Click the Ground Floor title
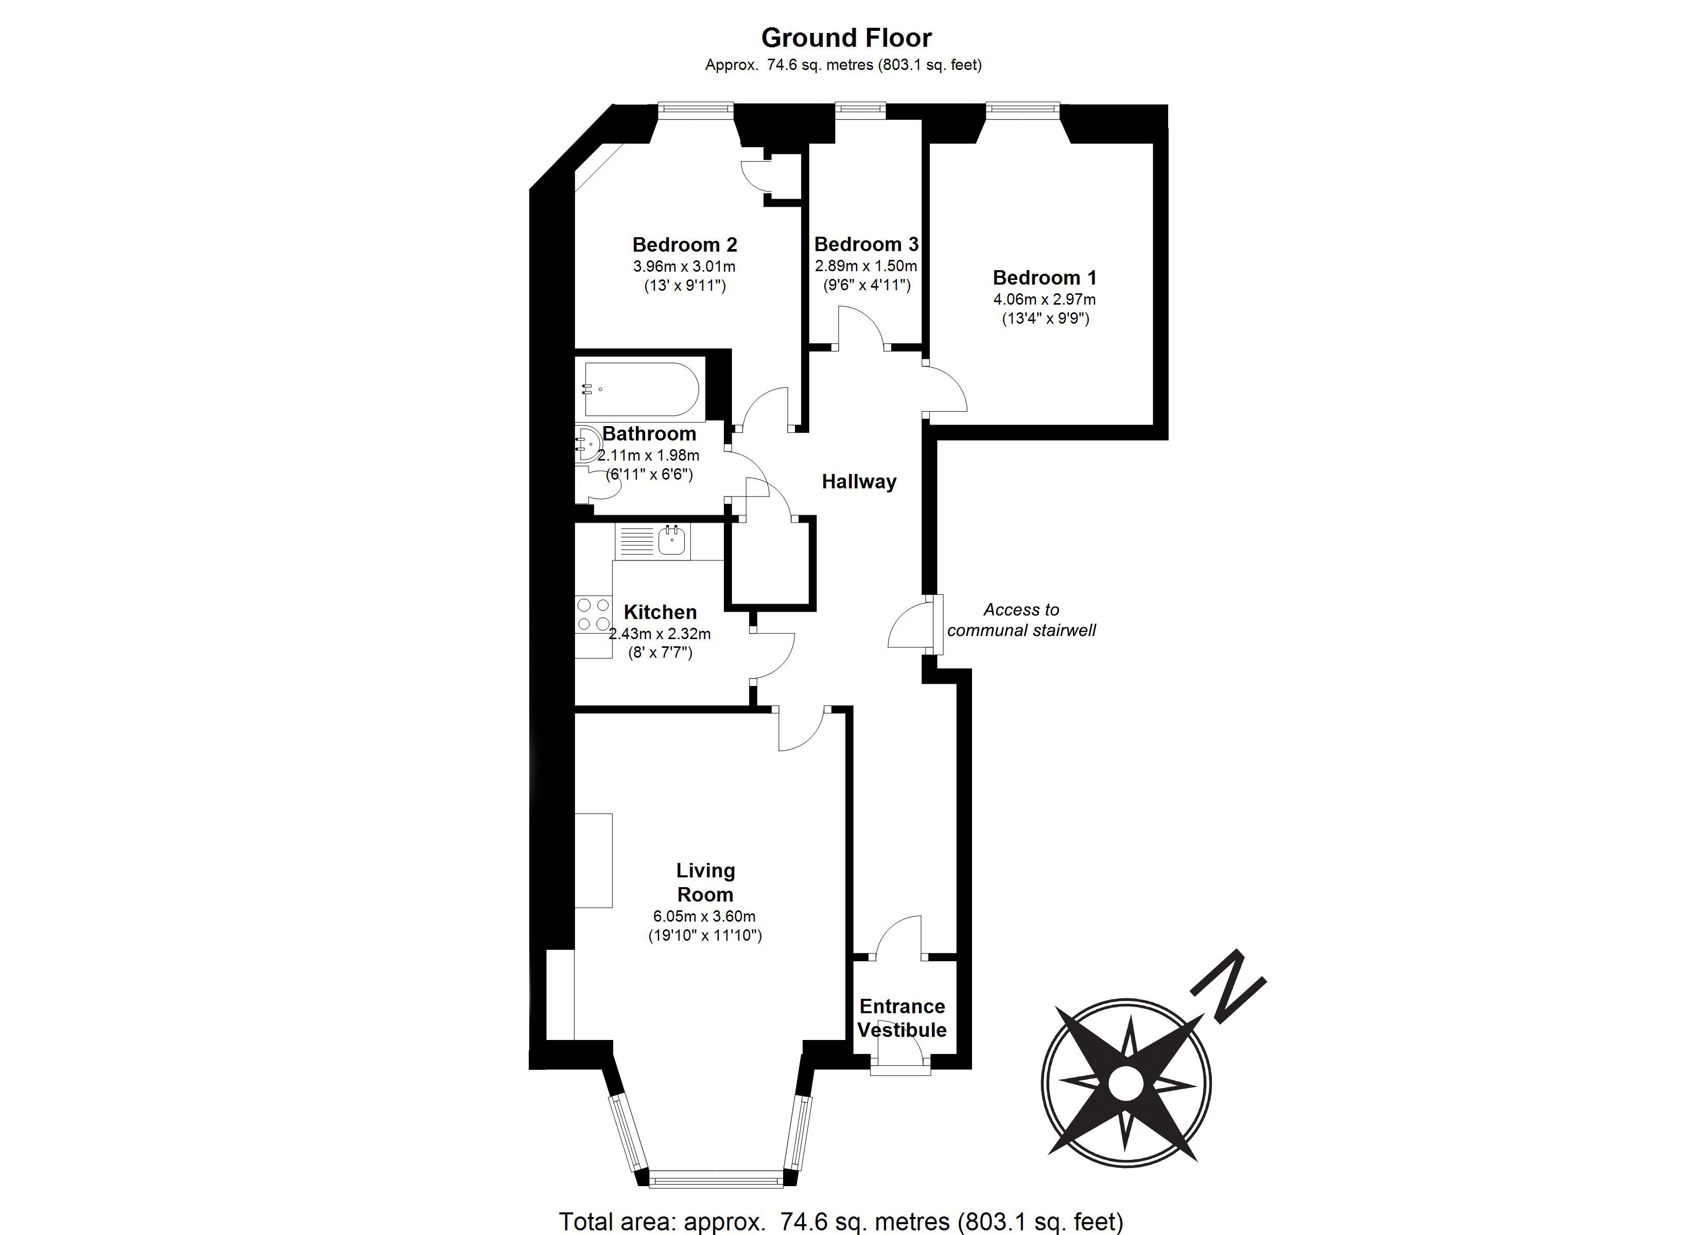[846, 38]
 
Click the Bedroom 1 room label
[1044, 278]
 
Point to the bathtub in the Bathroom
[642, 390]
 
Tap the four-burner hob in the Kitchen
[593, 614]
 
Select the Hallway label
[858, 482]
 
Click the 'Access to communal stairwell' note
[1021, 620]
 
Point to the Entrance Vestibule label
[902, 1018]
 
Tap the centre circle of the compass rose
[1125, 1084]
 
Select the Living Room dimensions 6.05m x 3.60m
[704, 916]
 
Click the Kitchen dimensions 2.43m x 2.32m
[659, 633]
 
